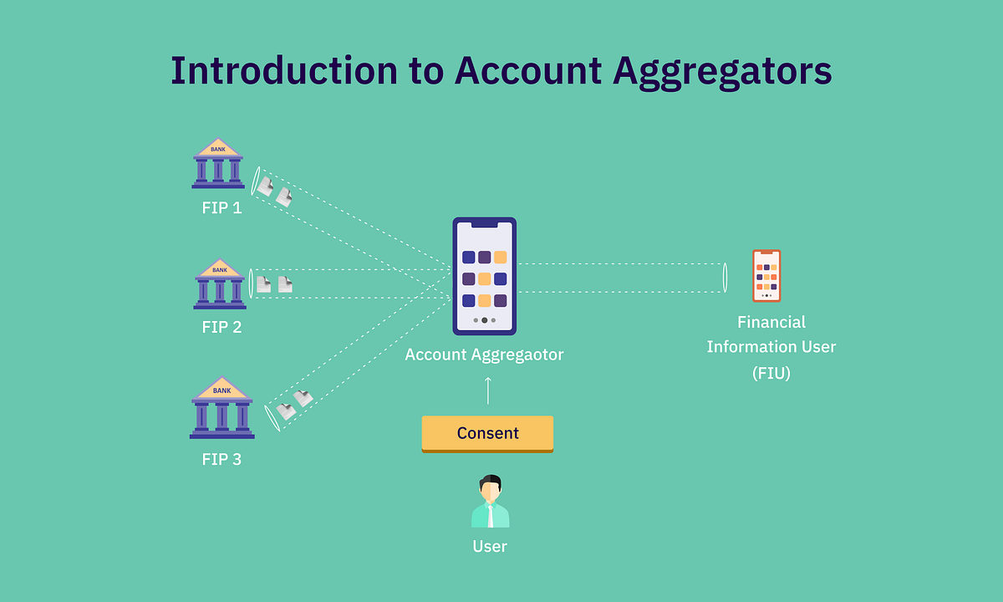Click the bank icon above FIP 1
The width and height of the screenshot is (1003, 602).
click(217, 163)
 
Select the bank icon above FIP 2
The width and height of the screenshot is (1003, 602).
click(219, 283)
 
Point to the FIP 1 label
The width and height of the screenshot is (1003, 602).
click(221, 208)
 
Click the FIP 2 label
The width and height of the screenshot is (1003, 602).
click(221, 327)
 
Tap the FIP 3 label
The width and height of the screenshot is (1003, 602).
click(221, 459)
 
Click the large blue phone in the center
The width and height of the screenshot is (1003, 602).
click(485, 276)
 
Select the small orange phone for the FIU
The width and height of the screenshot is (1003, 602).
click(766, 276)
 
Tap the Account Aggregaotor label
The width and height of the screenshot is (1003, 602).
click(485, 355)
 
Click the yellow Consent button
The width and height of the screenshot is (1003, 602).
click(487, 433)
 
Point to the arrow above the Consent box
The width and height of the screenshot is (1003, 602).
click(488, 390)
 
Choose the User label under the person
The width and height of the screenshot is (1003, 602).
click(490, 547)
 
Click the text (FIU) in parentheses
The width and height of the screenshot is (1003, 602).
click(771, 373)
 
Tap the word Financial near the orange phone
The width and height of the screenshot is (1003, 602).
click(771, 322)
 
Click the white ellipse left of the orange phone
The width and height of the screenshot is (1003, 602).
click(725, 278)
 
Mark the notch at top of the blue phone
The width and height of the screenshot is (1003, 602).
click(485, 223)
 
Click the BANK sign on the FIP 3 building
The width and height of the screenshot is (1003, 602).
click(221, 390)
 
